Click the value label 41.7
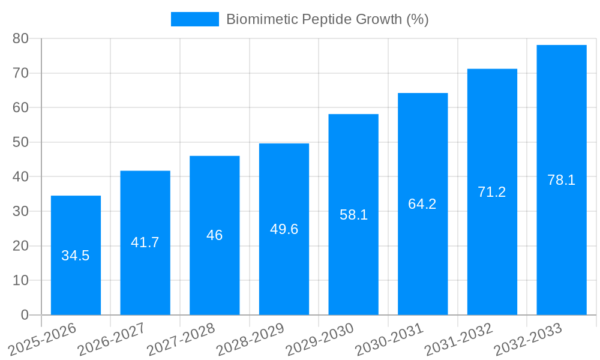[x=145, y=242]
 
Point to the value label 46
[x=214, y=235]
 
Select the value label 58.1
[x=353, y=215]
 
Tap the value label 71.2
[x=492, y=192]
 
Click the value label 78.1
[x=562, y=180]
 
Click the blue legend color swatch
[x=195, y=19]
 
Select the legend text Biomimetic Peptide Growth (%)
[x=327, y=19]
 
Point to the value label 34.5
[x=76, y=256]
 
